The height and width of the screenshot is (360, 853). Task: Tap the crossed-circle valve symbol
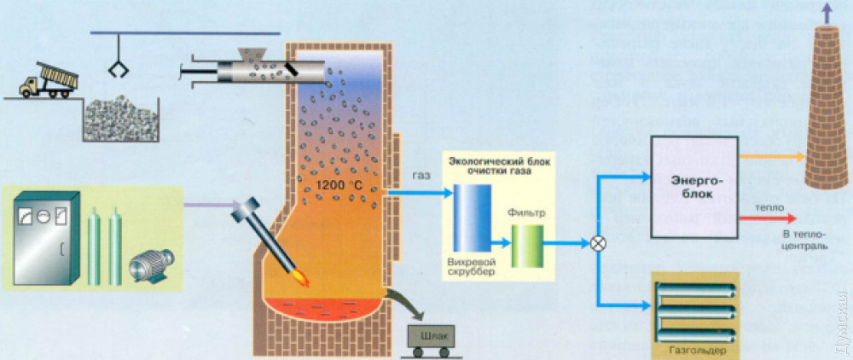599,243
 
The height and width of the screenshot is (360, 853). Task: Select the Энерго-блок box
693,189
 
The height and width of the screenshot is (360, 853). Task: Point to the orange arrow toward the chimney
772,157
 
